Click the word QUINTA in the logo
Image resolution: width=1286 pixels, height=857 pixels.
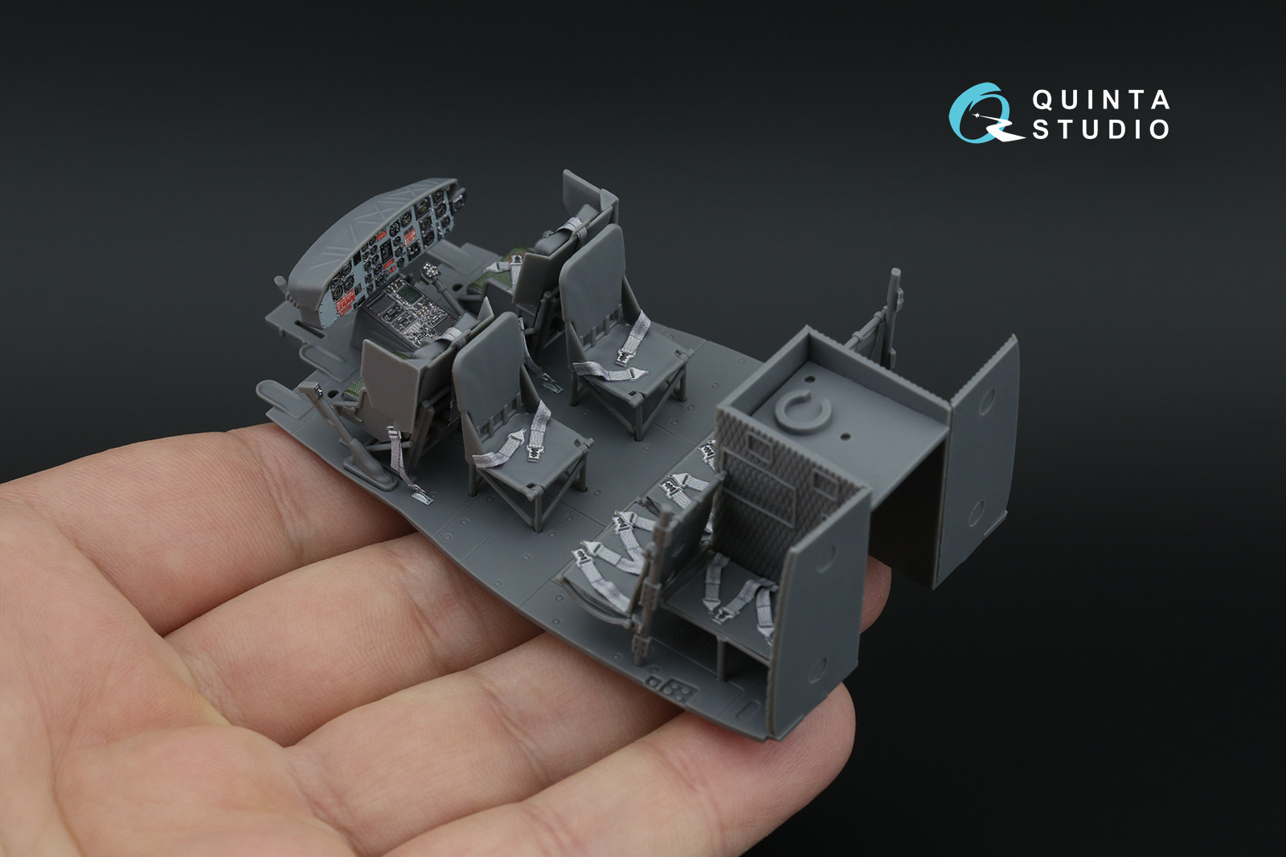pos(1101,100)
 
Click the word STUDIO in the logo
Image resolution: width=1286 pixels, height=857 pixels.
pos(1101,129)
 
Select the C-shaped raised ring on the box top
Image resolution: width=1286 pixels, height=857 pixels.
pos(802,410)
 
